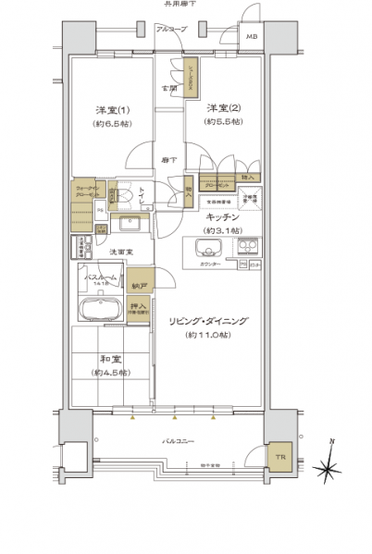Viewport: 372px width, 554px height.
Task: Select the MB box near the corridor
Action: pyautogui.click(x=252, y=38)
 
